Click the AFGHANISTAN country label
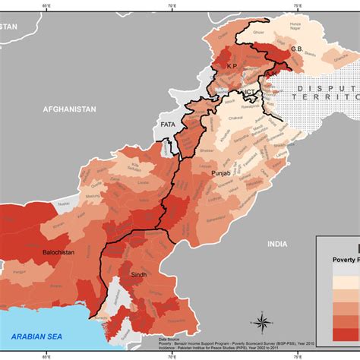coord(70,109)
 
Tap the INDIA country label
coord(277,244)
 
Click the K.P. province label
coord(232,67)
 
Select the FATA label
coord(167,123)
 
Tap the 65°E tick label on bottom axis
coord(46,355)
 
